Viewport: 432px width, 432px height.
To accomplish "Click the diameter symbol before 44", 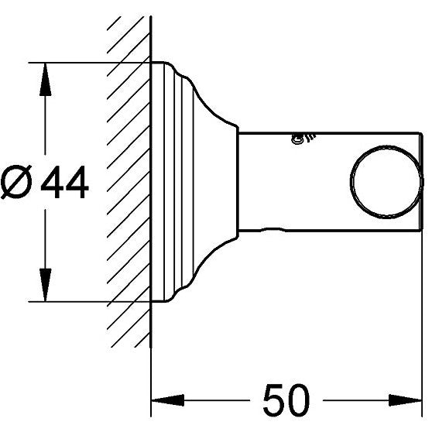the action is tap(16, 182).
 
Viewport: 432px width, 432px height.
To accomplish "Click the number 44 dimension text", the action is tap(65, 182).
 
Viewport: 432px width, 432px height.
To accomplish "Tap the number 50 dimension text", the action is tap(286, 399).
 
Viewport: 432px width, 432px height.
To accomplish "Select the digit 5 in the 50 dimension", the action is tap(274, 399).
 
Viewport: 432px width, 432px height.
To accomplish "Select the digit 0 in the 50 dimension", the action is tap(299, 399).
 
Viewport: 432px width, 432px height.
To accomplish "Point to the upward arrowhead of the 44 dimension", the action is tap(45, 80).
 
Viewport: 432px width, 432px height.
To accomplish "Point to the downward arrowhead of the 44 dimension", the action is tap(45, 285).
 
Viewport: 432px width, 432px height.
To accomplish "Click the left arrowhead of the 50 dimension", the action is tap(168, 400).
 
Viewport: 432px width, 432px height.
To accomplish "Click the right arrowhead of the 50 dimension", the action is tap(405, 400).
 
